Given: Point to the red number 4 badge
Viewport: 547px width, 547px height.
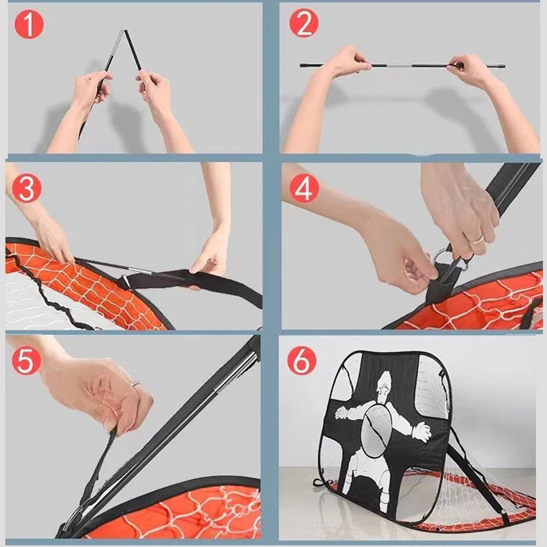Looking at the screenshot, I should (304, 188).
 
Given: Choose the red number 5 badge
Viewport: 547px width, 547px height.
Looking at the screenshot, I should (26, 360).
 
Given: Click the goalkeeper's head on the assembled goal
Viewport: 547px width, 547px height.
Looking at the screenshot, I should (386, 383).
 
